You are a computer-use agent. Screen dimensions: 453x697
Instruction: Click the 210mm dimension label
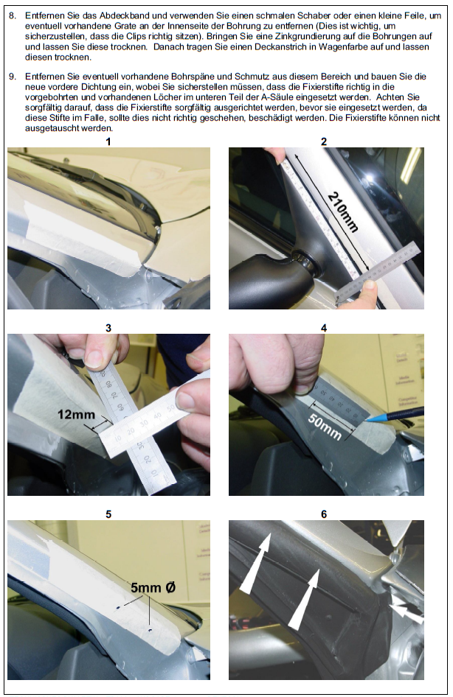342,212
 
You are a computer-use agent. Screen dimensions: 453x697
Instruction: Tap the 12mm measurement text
76,415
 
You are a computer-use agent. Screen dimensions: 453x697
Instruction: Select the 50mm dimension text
325,427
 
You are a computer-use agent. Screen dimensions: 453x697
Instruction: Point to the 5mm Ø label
153,588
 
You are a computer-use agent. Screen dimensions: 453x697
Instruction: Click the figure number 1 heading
108,141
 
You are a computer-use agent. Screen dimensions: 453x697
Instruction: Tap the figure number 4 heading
323,328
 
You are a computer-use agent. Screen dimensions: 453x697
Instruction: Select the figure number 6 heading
323,514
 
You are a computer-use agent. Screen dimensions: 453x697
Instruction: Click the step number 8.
13,15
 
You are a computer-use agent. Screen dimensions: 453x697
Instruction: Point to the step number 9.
13,77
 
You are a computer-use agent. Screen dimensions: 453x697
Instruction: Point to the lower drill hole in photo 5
150,631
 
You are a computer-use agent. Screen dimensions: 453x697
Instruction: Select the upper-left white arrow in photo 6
256,562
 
